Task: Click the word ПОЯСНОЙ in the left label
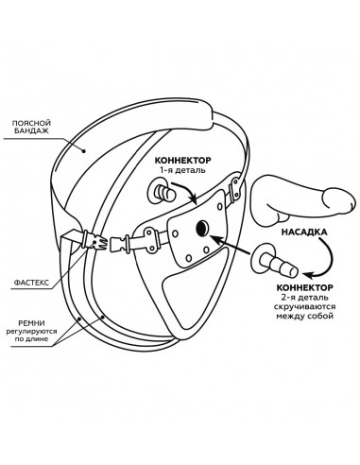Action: pos(31,123)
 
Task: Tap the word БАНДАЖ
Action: pos(31,130)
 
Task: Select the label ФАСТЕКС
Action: pos(31,283)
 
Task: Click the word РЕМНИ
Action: pos(31,323)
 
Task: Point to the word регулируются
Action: pos(32,332)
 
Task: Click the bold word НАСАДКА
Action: pos(304,232)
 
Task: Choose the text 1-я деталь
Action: pos(182,170)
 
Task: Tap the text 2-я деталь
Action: pos(304,297)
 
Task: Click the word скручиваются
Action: pos(304,306)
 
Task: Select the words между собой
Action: pos(304,316)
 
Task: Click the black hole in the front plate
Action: pos(202,227)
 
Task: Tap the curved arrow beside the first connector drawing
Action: pos(189,190)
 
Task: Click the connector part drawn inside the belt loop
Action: pos(161,192)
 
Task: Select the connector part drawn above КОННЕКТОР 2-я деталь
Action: pos(273,262)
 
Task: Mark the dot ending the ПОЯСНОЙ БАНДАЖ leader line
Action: pos(84,151)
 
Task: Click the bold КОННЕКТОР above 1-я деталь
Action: pos(182,161)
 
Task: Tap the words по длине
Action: pos(32,339)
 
